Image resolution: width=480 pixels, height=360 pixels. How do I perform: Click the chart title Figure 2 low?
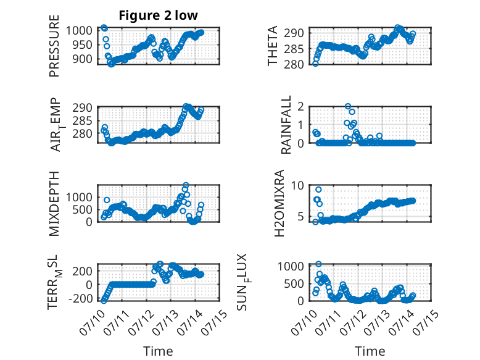click(159, 15)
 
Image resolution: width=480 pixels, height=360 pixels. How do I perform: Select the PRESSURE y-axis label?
click(54, 46)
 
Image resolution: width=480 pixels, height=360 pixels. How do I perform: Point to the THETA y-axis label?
click(272, 46)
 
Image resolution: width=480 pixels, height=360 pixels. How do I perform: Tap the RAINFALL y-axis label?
click(286, 125)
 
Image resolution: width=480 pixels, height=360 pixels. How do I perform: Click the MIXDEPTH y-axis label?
click(54, 204)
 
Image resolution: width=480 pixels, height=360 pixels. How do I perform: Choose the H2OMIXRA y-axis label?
click(279, 203)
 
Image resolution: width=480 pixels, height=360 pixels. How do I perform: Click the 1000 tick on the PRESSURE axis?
click(79, 30)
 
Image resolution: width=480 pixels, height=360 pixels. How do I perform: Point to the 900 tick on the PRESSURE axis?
click(82, 59)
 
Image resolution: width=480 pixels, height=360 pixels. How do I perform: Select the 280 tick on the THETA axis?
click(294, 64)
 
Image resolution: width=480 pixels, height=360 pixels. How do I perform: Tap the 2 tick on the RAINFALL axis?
click(300, 106)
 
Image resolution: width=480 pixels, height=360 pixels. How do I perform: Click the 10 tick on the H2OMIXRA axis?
click(297, 185)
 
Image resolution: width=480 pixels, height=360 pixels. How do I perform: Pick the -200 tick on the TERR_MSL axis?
click(80, 298)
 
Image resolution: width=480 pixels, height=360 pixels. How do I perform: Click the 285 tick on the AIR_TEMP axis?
click(82, 120)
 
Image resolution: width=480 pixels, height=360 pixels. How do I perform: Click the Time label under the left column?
click(158, 351)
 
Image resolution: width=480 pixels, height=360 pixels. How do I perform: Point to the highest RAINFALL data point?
click(348, 106)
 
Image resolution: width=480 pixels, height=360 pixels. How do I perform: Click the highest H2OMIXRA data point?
click(318, 190)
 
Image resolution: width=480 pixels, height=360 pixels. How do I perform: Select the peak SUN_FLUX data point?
click(319, 264)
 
